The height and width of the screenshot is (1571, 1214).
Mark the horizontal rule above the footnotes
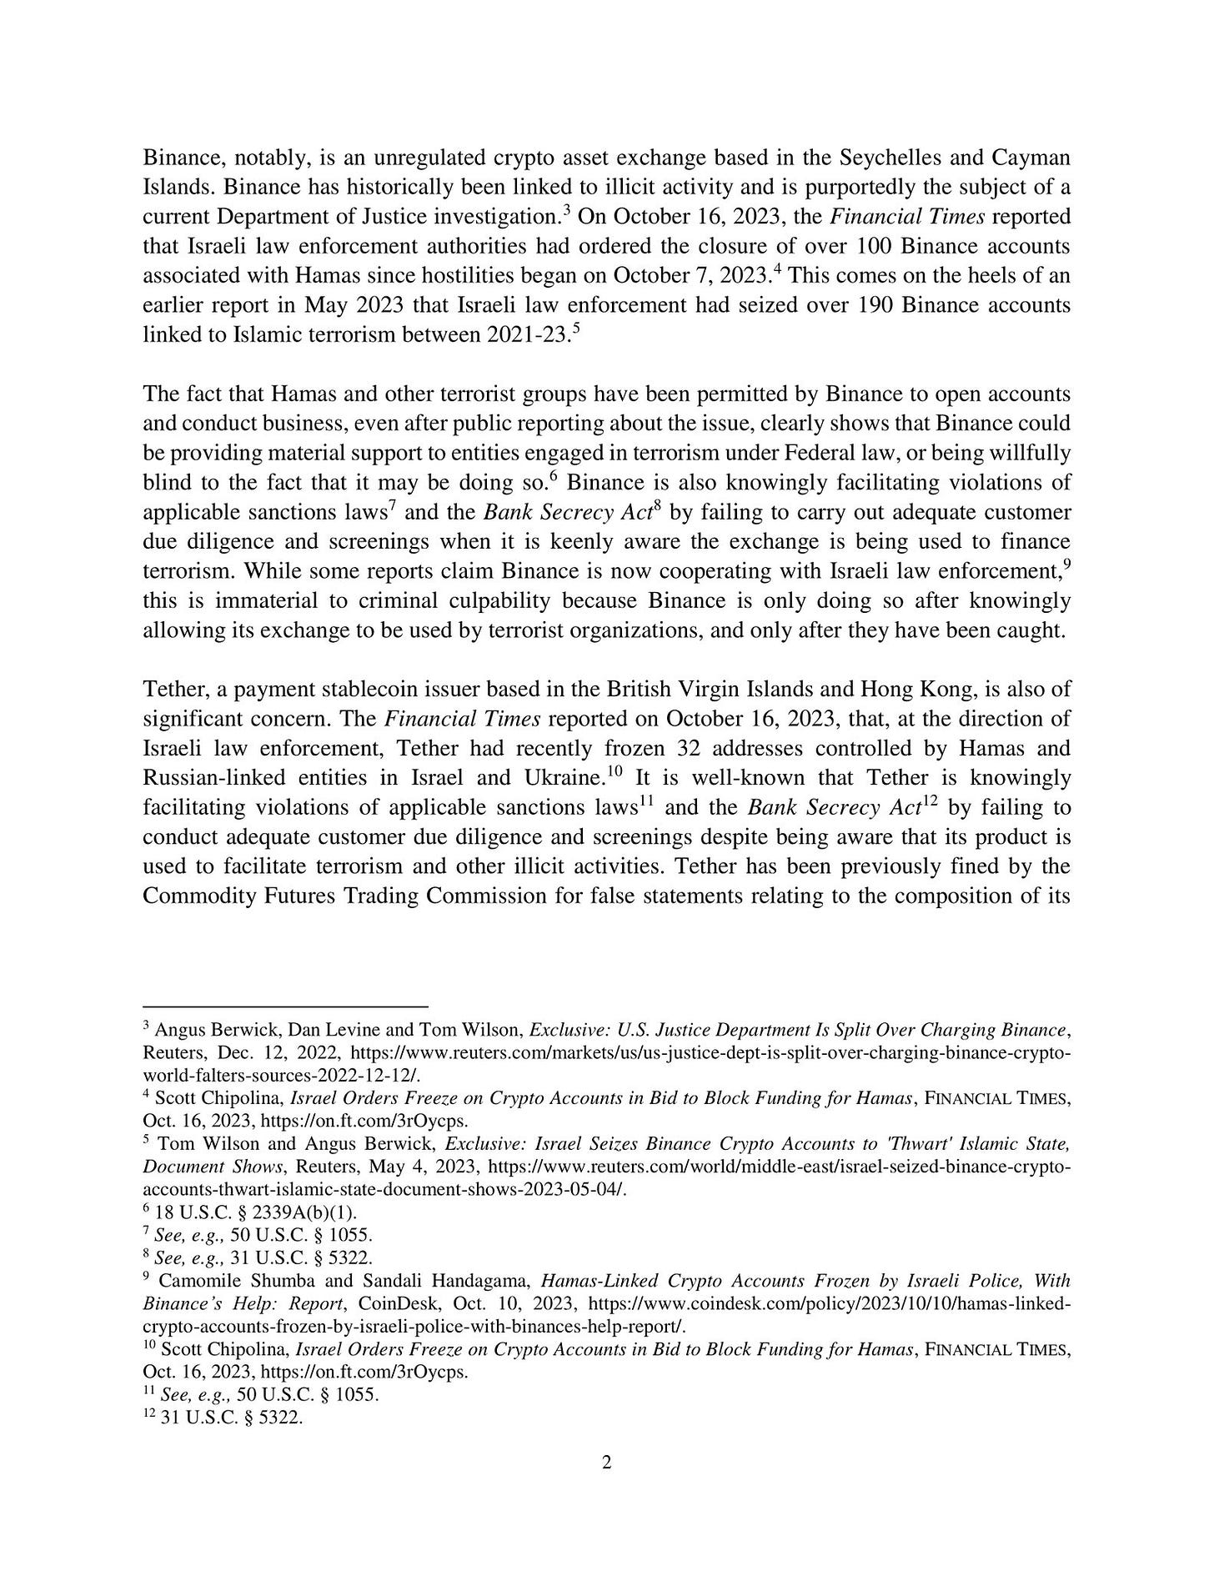click(x=285, y=1006)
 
